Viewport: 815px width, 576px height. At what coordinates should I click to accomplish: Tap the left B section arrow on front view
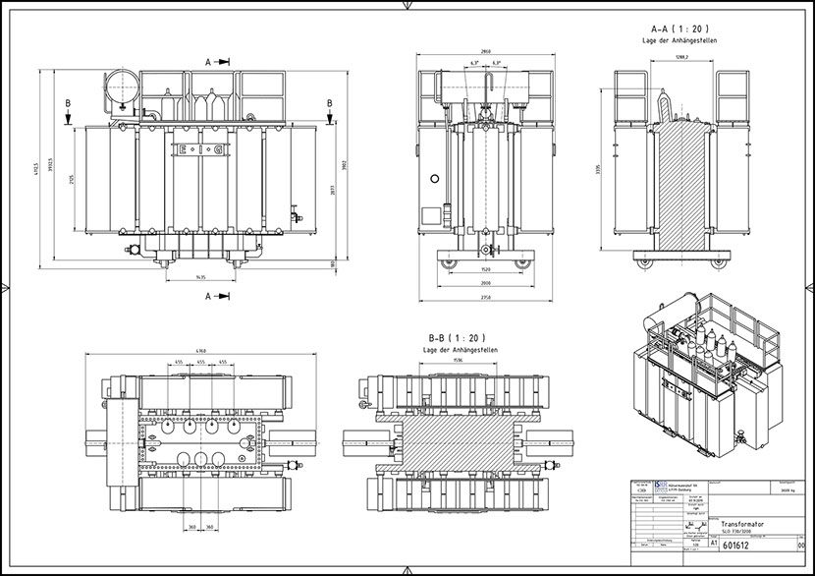click(66, 113)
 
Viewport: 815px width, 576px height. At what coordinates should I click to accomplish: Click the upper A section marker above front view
click(218, 61)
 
